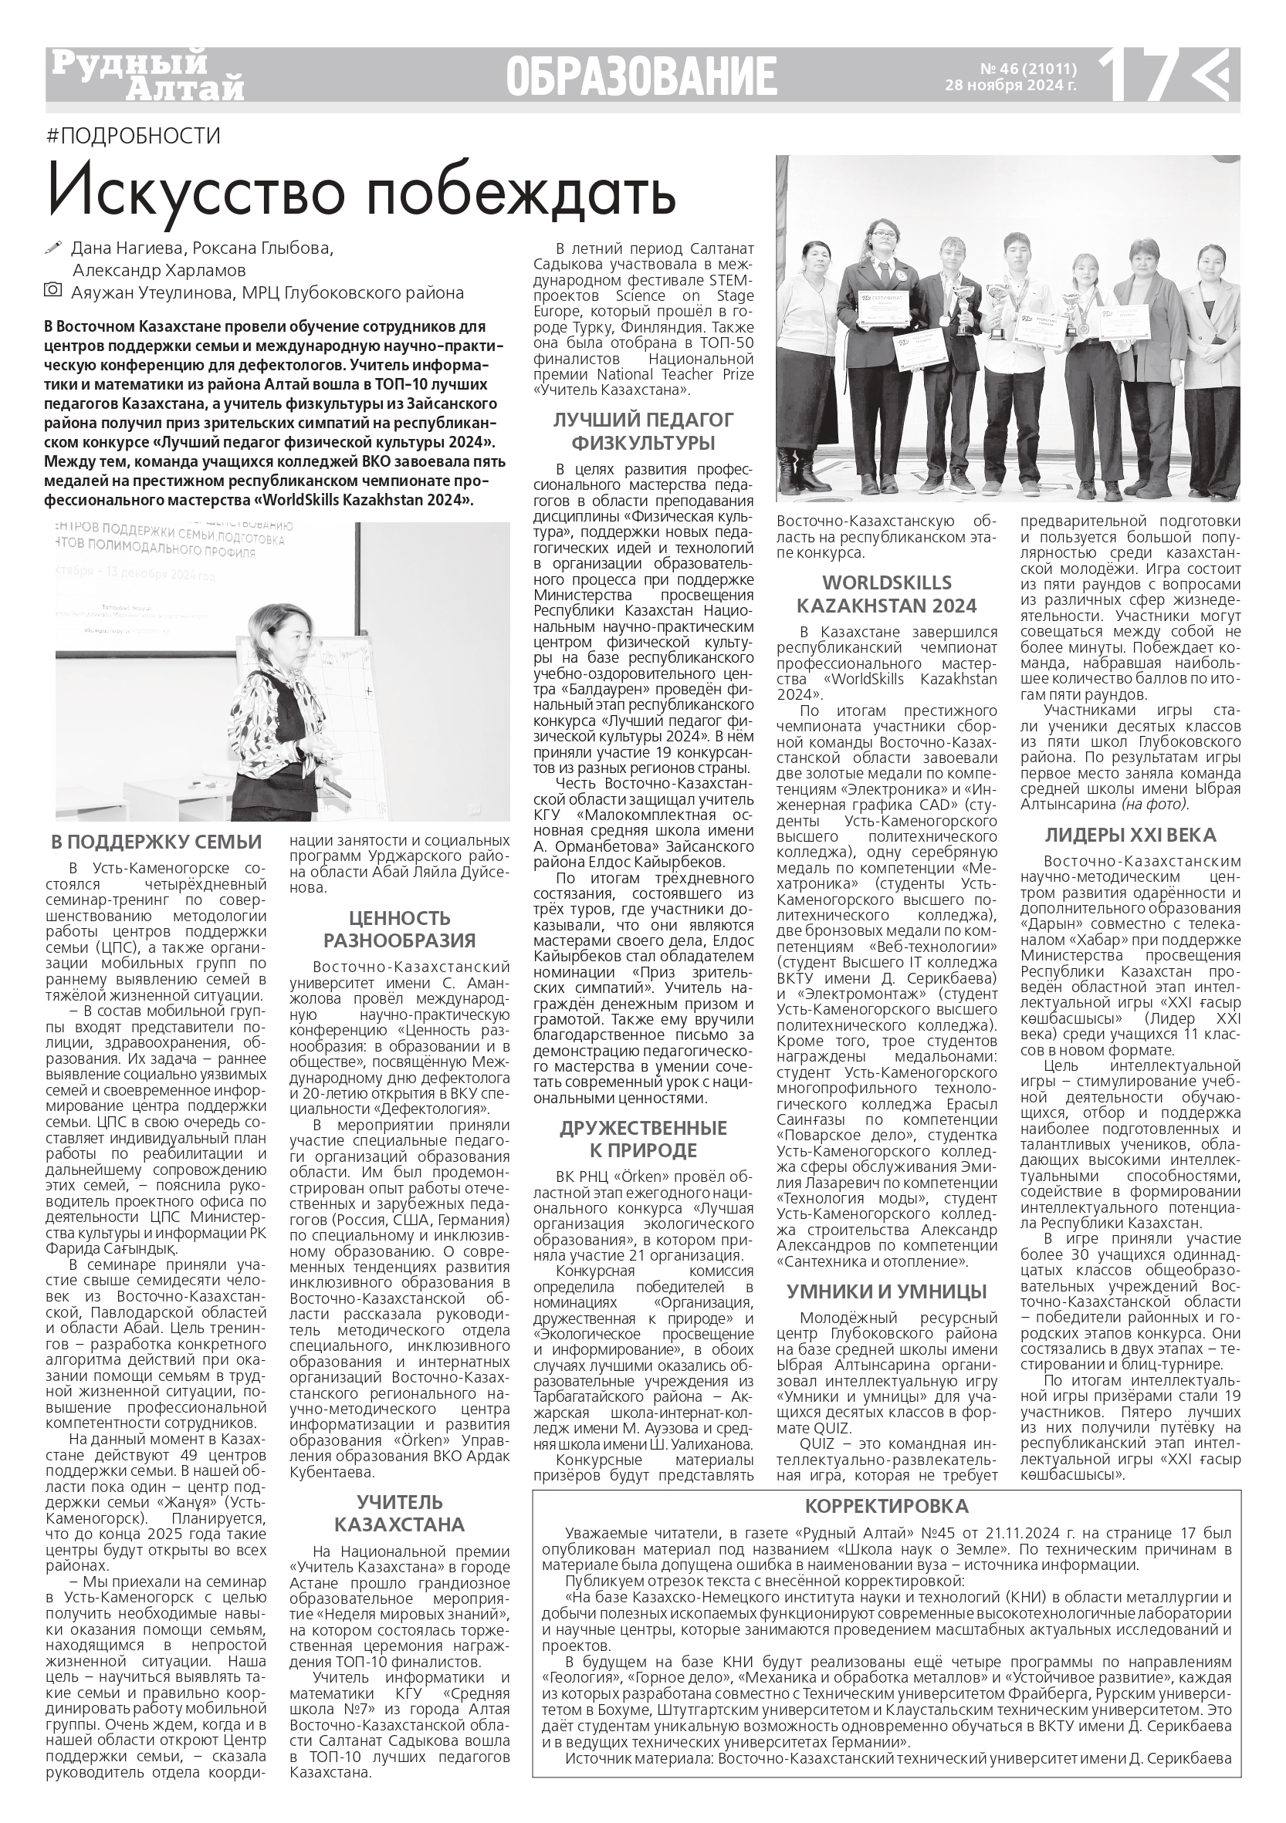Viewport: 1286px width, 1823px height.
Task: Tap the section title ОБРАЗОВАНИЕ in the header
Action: click(641, 78)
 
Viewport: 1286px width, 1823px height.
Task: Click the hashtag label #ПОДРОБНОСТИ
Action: click(134, 136)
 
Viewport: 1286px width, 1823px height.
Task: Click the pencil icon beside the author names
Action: click(54, 248)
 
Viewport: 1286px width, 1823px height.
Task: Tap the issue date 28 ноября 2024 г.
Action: click(1010, 86)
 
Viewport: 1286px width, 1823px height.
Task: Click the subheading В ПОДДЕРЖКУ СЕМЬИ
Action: click(157, 842)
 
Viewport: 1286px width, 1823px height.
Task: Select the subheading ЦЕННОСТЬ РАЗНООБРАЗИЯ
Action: click(399, 929)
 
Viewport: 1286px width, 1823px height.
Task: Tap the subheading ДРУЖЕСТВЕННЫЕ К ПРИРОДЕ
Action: click(644, 1139)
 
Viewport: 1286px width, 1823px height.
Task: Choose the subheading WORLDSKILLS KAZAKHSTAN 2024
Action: click(886, 594)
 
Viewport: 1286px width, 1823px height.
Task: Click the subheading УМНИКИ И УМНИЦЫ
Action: click(886, 1291)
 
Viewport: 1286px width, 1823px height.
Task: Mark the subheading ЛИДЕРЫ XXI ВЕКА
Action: click(1129, 836)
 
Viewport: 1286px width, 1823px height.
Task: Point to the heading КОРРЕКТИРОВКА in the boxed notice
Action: click(886, 1507)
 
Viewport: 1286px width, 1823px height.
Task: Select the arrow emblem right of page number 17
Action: click(1213, 75)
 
